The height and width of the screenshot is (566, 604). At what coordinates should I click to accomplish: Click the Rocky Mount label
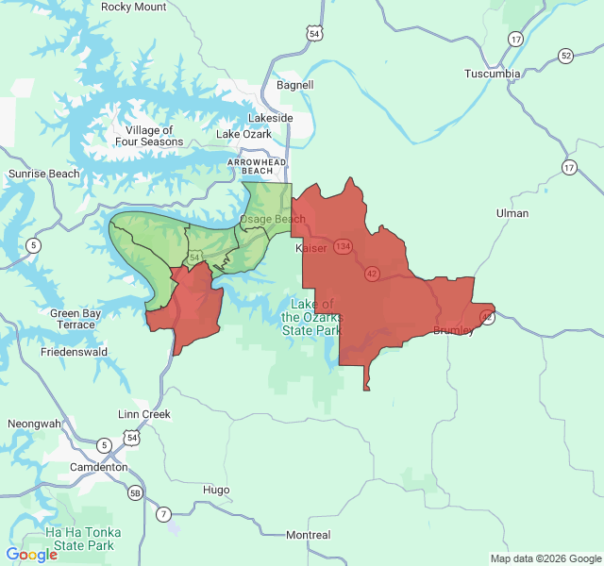pyautogui.click(x=133, y=8)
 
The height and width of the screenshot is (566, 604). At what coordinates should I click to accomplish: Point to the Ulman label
pyautogui.click(x=512, y=213)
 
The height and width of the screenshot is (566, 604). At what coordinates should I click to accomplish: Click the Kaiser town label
pyautogui.click(x=311, y=248)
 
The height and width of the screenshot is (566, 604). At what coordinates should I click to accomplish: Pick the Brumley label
pyautogui.click(x=454, y=329)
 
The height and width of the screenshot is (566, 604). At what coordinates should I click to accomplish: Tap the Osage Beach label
pyautogui.click(x=273, y=220)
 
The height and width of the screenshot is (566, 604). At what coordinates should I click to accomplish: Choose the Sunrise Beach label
pyautogui.click(x=44, y=174)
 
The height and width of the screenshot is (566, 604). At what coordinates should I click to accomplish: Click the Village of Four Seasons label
pyautogui.click(x=149, y=136)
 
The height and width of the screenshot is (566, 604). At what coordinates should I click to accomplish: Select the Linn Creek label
pyautogui.click(x=144, y=414)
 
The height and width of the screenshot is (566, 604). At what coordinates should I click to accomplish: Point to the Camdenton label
pyautogui.click(x=97, y=467)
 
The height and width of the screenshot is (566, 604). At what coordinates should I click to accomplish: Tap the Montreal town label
pyautogui.click(x=309, y=535)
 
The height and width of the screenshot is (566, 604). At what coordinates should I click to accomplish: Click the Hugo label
pyautogui.click(x=216, y=490)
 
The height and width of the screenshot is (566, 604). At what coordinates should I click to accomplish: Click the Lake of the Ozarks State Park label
pyautogui.click(x=312, y=318)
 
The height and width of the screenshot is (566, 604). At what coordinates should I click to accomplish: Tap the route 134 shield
pyautogui.click(x=342, y=245)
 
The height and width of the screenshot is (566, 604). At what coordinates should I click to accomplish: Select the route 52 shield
pyautogui.click(x=565, y=56)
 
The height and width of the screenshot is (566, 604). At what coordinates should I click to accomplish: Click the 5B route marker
pyautogui.click(x=136, y=492)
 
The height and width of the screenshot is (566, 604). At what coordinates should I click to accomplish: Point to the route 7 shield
pyautogui.click(x=164, y=514)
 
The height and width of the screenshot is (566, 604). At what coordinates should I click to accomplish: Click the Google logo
pyautogui.click(x=32, y=555)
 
